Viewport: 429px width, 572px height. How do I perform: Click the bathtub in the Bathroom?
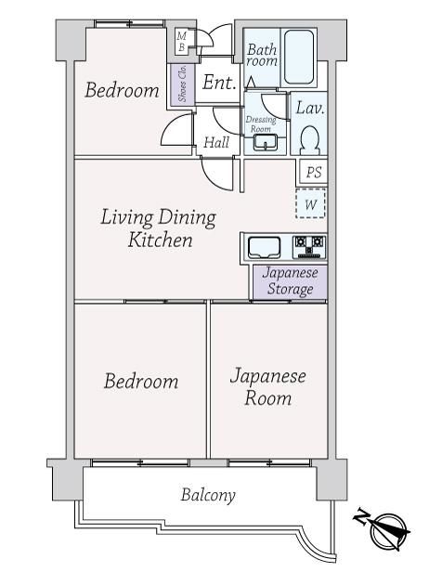click(299, 58)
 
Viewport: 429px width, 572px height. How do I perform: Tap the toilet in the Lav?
click(310, 140)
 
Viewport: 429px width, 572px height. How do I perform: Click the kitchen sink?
click(264, 248)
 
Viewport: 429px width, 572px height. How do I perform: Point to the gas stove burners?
click(310, 247)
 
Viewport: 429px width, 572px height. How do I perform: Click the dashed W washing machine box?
click(310, 203)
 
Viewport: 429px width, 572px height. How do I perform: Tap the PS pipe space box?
click(313, 172)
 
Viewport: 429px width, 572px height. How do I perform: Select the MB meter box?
click(182, 42)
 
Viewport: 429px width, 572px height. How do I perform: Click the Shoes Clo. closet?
click(182, 84)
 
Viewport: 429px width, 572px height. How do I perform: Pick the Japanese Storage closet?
click(291, 281)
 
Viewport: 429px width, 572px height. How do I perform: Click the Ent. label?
click(219, 83)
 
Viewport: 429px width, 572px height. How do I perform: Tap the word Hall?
click(216, 142)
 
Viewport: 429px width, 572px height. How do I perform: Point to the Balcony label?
click(208, 495)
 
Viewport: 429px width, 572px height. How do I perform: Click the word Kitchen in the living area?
click(160, 240)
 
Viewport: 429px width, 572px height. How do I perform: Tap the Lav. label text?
click(310, 108)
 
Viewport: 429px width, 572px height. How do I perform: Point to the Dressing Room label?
click(261, 123)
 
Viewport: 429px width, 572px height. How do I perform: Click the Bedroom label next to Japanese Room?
click(141, 382)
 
